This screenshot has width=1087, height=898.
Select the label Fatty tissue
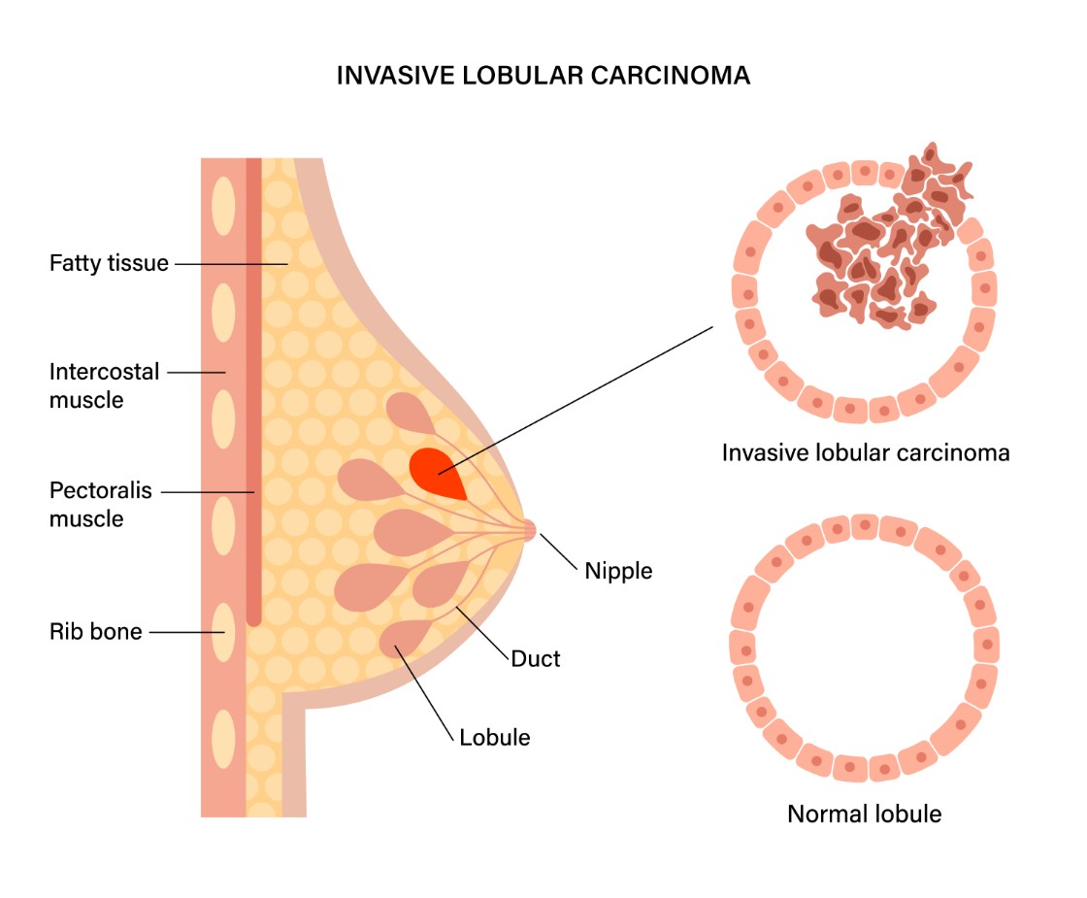tap(109, 263)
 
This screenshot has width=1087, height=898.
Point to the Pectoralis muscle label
tap(101, 504)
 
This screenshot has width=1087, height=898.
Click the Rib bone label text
tap(96, 632)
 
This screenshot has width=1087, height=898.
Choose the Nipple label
tap(618, 571)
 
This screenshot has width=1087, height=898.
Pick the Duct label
tap(536, 659)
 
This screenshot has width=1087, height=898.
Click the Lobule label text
tap(495, 737)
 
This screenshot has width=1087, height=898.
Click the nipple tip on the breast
tap(528, 529)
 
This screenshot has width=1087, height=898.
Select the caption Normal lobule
tap(864, 814)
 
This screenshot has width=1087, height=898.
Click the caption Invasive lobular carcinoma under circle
tap(866, 453)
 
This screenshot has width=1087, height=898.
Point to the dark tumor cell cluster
tap(873, 252)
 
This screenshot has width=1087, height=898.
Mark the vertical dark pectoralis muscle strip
tap(253, 388)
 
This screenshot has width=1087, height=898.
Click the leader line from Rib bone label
tap(189, 632)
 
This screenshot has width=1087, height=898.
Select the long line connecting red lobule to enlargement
tap(582, 398)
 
